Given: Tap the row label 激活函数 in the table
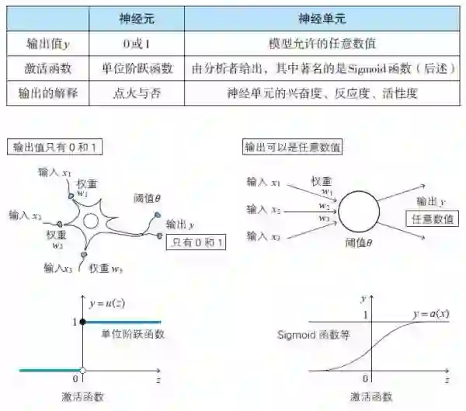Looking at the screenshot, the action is pos(43,68).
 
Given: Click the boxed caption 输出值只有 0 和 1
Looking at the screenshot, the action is pos(57,147).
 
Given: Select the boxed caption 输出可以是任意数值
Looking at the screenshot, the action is pos(293,146).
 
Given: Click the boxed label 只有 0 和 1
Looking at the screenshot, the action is pos(198,242).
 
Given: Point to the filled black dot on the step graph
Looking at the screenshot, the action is pos(83,322).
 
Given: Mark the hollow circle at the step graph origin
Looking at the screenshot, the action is pos(83,370).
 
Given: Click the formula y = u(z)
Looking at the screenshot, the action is pos(106,303).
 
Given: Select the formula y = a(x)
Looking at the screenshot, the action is pos(430,313).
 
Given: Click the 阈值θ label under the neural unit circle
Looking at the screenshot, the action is pos(358,243).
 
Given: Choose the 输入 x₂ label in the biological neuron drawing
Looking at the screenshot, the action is pos(26,214).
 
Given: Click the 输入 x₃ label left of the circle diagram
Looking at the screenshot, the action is pos(264,234).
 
